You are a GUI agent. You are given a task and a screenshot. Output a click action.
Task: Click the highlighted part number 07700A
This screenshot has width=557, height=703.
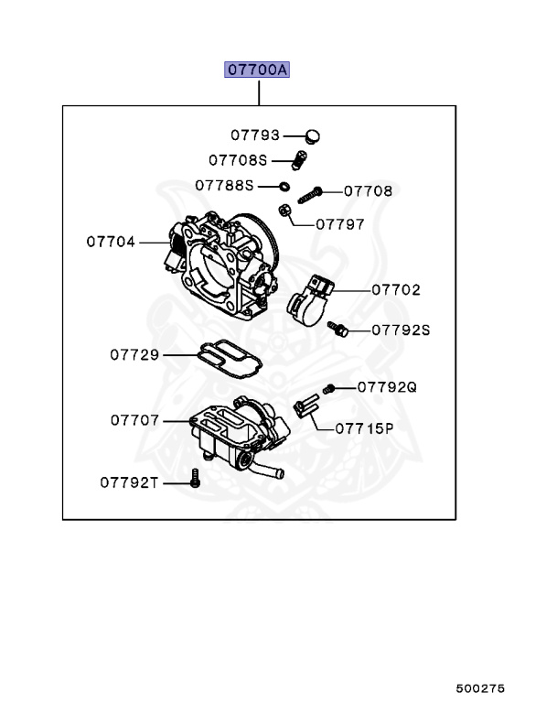coord(259,70)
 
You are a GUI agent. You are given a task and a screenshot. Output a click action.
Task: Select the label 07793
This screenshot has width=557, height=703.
coord(254,135)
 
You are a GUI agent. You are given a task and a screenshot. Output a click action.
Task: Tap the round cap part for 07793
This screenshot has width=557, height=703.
coord(315,136)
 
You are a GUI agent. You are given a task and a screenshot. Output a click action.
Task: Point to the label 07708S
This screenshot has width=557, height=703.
coord(237,160)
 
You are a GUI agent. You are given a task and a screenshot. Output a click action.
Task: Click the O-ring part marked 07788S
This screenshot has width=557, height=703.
coord(284,186)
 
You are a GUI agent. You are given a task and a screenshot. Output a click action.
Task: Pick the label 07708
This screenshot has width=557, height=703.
coord(368,191)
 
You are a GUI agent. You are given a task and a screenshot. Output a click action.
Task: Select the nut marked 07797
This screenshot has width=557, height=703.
coord(285,211)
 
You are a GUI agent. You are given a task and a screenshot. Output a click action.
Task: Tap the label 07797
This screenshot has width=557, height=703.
coord(340,223)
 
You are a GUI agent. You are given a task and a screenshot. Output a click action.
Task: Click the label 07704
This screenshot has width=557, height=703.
coord(111,243)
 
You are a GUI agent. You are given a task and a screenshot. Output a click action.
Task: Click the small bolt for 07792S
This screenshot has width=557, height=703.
coord(337,328)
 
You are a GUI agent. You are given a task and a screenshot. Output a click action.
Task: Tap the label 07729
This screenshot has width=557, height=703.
coord(135,353)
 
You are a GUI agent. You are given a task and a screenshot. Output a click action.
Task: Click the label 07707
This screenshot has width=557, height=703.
coord(135,420)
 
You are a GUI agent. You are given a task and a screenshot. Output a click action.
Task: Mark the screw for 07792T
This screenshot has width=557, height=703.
coord(194,476)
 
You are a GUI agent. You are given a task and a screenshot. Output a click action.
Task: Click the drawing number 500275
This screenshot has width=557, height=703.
coord(480,688)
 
